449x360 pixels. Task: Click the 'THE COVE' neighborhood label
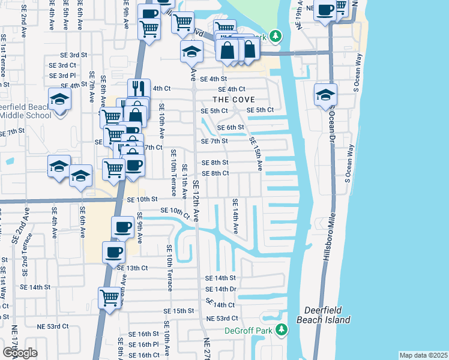click(234, 100)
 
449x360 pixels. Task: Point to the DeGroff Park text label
click(249, 331)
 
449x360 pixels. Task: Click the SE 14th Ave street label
click(235, 217)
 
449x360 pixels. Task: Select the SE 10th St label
click(142, 199)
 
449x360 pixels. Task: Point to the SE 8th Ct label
click(215, 173)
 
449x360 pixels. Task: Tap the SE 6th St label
click(231, 127)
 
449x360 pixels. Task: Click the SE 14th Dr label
click(221, 289)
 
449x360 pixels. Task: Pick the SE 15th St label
click(179, 311)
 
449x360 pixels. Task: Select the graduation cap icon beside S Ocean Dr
click(325, 94)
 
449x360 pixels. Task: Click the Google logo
click(20, 352)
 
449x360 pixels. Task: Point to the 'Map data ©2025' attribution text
click(423, 355)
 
